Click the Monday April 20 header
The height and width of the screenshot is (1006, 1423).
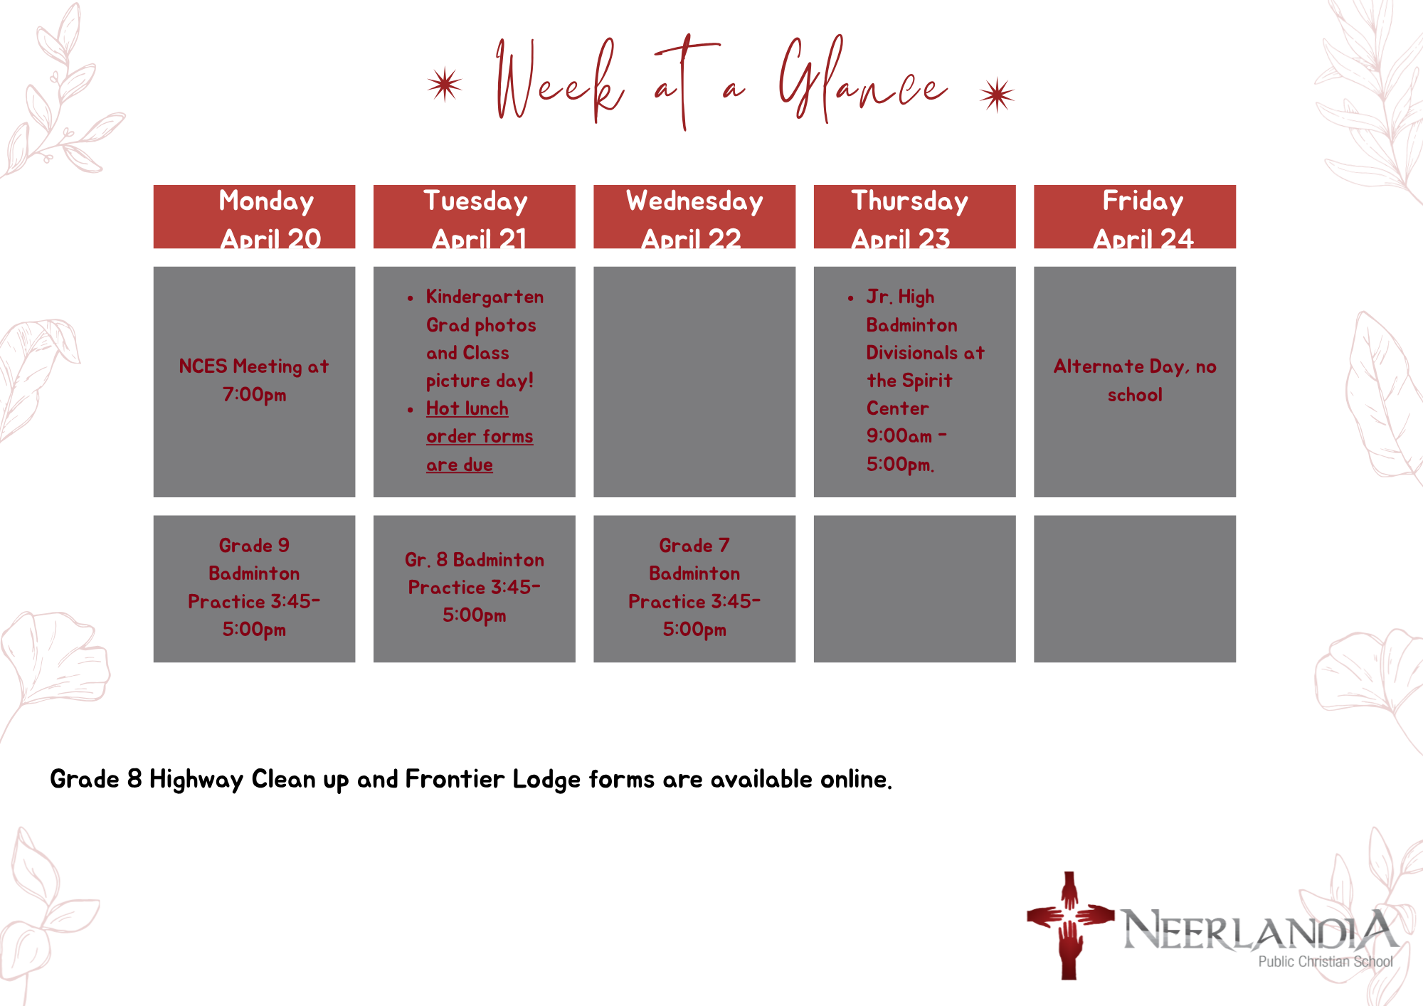(x=254, y=216)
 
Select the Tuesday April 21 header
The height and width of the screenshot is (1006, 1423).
(x=475, y=216)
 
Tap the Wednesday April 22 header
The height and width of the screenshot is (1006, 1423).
(x=694, y=216)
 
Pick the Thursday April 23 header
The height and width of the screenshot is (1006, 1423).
(x=914, y=216)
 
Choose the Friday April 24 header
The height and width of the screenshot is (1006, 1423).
(x=1135, y=216)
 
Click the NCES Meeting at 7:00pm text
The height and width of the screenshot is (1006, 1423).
(x=254, y=380)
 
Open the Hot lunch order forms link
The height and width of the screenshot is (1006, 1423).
(x=479, y=436)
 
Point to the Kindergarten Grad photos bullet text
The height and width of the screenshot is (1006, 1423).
(x=485, y=339)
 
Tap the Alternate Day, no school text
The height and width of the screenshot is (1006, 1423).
(x=1135, y=381)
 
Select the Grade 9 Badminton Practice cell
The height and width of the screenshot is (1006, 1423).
(x=254, y=588)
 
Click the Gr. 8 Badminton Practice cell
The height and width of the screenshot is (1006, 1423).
(x=475, y=588)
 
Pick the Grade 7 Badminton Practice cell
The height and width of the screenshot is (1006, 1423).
(x=694, y=588)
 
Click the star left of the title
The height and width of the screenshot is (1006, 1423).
(x=445, y=85)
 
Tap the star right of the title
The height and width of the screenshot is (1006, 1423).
(x=997, y=95)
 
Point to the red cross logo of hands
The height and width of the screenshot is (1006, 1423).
(x=1069, y=925)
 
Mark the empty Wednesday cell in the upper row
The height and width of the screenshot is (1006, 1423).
(x=694, y=381)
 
